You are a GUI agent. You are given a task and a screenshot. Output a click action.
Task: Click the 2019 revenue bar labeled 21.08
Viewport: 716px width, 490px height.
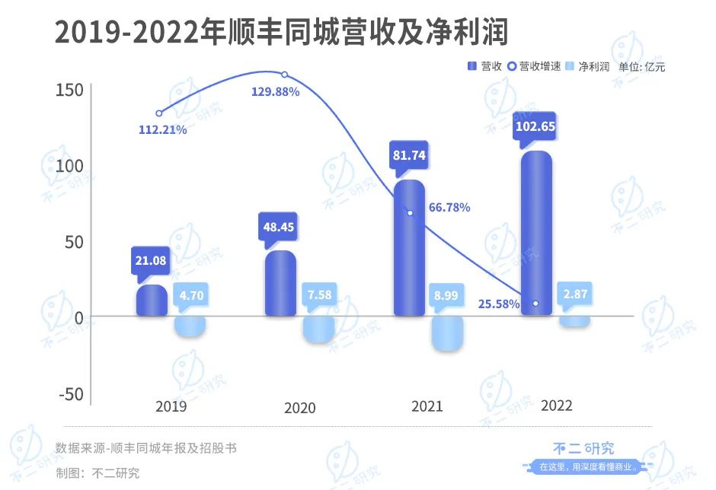point(152,301)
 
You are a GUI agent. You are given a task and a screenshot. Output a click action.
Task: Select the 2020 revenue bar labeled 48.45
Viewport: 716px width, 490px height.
point(280,283)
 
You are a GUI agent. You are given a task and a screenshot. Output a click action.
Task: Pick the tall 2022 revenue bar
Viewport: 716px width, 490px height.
point(536,233)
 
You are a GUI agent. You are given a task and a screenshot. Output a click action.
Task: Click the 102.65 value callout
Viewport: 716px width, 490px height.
point(536,127)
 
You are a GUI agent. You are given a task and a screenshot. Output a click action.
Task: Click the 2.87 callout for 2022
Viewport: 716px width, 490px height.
point(574,294)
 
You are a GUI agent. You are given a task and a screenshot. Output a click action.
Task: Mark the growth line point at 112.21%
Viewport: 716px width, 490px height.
point(158,113)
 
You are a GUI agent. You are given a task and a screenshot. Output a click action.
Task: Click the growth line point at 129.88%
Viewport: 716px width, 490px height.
point(285,75)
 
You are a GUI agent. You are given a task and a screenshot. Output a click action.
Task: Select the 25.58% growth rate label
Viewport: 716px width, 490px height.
point(500,304)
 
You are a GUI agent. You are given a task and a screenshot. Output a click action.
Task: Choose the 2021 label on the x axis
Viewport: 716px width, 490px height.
point(427,407)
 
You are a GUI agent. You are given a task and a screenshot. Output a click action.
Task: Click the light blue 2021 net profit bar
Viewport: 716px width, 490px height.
point(447,333)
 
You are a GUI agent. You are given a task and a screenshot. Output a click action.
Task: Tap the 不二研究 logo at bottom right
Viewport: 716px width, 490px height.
point(583,449)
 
